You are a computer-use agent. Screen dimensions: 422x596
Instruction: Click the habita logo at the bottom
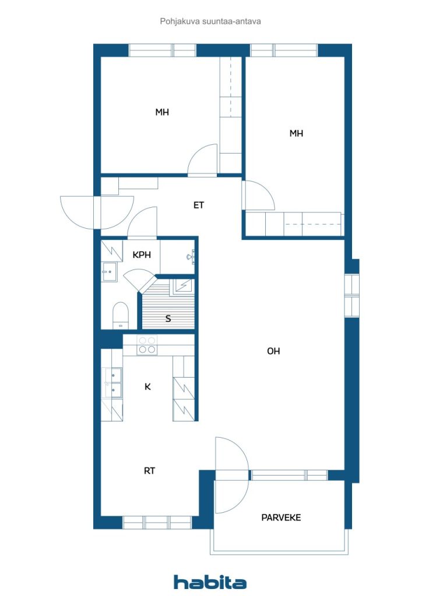[x=210, y=582]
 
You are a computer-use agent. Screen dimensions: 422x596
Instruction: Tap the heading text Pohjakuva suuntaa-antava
[x=210, y=22]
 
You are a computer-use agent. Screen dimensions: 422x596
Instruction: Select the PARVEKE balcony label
[x=281, y=517]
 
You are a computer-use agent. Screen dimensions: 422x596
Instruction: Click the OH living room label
[x=273, y=351]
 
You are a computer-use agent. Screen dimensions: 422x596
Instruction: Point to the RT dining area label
[x=150, y=470]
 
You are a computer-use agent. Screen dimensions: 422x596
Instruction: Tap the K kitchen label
[x=147, y=386]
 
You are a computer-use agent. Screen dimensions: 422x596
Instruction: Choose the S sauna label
[x=168, y=318]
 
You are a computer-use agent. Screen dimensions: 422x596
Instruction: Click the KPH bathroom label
[x=142, y=255]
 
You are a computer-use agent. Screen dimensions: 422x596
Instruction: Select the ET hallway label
[x=199, y=205]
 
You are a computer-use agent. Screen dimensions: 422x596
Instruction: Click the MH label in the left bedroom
[x=162, y=112]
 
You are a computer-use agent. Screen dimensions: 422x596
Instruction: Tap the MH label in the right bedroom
[x=297, y=133]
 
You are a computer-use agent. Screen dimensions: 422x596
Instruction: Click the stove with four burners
[x=147, y=346]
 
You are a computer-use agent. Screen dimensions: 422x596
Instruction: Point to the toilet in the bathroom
[x=121, y=315]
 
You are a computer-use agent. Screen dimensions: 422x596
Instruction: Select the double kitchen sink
[x=112, y=382]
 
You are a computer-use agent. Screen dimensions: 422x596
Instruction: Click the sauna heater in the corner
[x=184, y=285]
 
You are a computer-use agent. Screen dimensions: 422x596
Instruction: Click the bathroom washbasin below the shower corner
[x=109, y=272]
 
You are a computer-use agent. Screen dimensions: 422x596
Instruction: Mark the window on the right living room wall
[x=351, y=295]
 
